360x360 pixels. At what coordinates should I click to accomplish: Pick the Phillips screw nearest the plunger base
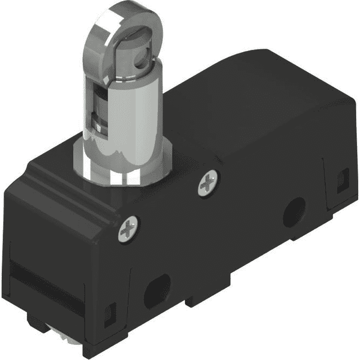(208, 183)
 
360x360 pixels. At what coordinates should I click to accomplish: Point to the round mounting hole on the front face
(293, 212)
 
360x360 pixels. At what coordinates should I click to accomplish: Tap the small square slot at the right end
(343, 178)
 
